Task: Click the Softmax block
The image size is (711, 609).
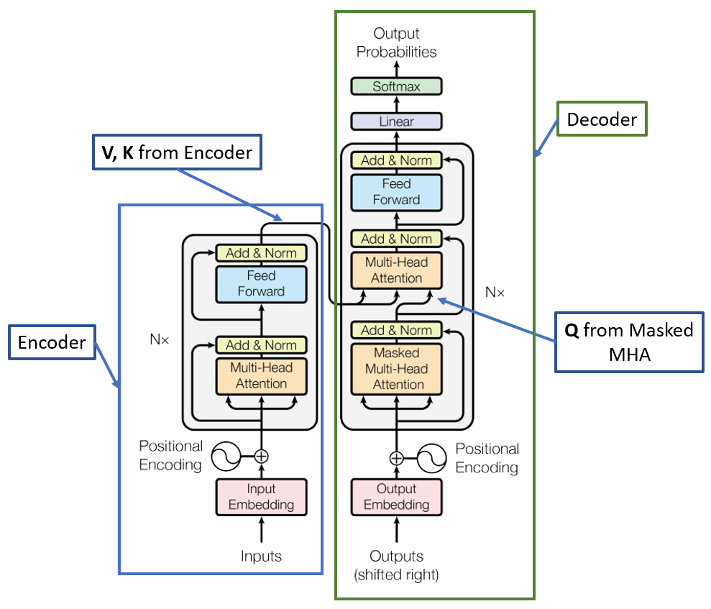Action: coord(396,86)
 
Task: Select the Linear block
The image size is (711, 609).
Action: coord(396,122)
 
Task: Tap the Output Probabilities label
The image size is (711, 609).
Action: coord(396,42)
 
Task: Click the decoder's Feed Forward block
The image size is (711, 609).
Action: coord(396,192)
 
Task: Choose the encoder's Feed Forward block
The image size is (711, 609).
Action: coord(261,283)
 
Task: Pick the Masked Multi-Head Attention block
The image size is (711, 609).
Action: coord(396,369)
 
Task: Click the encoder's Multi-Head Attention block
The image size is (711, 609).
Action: coord(261,375)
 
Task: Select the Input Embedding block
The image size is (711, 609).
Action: coord(261,496)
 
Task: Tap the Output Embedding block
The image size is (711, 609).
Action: coord(396,496)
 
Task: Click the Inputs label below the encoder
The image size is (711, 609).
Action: coord(261,556)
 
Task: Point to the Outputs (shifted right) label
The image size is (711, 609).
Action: coord(396,564)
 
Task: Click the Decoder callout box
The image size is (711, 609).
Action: coord(602,119)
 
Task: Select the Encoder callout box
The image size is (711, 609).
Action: coord(52,342)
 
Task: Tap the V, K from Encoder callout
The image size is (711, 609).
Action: coord(175,152)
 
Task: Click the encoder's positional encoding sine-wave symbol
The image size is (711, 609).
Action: coord(226,455)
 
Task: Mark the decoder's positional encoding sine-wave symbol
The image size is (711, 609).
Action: coord(432,457)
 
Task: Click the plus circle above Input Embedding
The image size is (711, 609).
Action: coord(261,455)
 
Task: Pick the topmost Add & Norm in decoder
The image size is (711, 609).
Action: coord(396,160)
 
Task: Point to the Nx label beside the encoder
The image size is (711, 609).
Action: coord(160,339)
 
